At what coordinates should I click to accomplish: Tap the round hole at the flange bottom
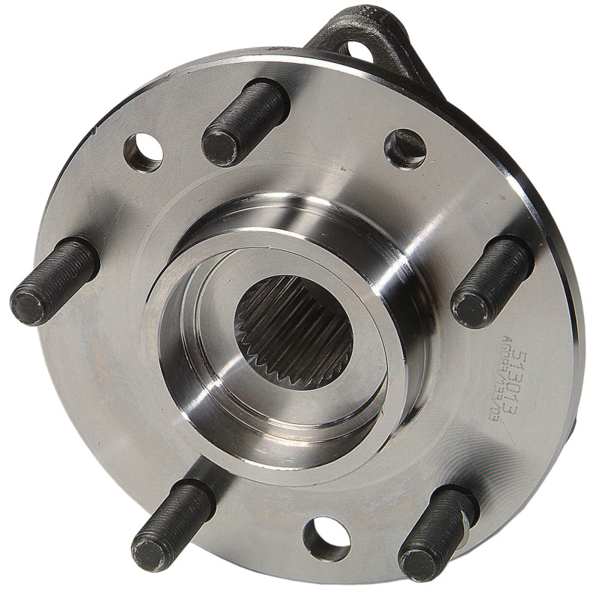tap(328, 537)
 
